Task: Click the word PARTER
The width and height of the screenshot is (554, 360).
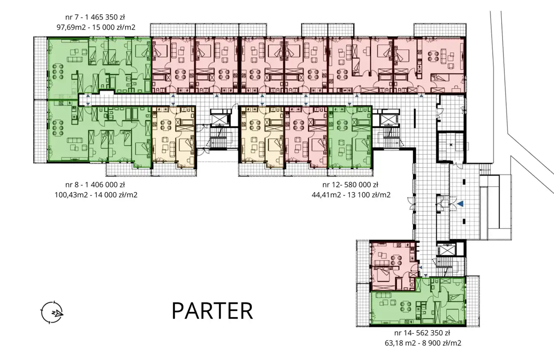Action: pos(212,311)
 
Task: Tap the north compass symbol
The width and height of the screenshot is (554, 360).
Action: pos(52,312)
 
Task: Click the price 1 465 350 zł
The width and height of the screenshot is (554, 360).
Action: pos(105,17)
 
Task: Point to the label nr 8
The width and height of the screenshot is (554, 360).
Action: pos(72,185)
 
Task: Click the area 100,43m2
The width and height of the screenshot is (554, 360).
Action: pos(71,195)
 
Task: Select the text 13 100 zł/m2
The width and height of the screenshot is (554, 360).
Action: pos(369,195)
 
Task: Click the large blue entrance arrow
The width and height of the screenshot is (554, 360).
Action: pos(460,204)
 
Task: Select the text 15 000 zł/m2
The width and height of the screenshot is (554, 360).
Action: pos(114,27)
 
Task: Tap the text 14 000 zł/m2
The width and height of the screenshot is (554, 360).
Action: pos(116,195)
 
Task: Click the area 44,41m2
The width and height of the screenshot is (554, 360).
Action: pos(326,195)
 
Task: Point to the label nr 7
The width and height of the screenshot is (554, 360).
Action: pos(72,17)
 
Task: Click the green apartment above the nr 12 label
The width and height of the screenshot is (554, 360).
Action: pos(350,137)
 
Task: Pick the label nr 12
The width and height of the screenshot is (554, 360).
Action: pos(331,185)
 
